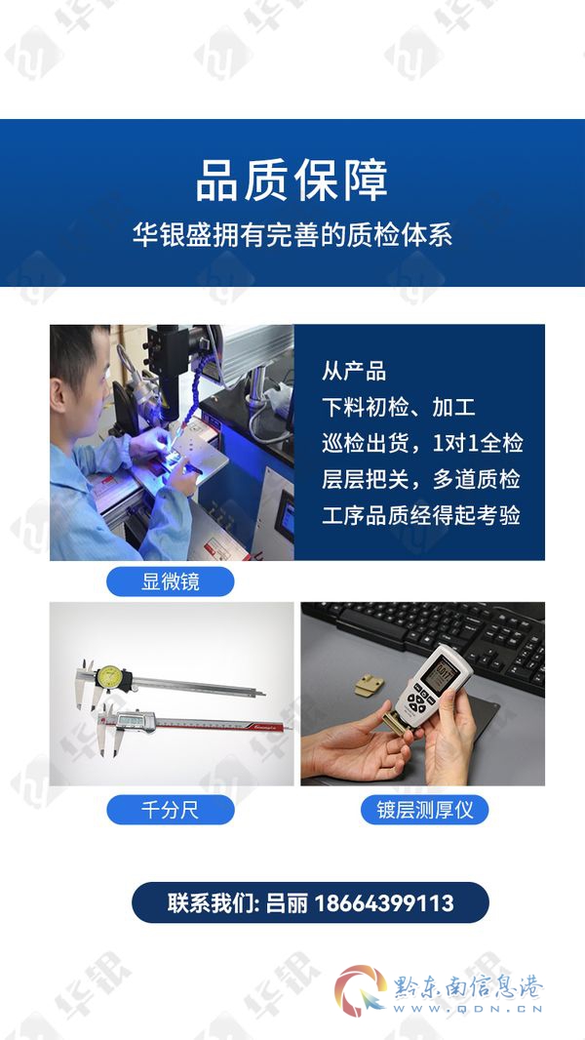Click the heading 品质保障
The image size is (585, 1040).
coord(292,180)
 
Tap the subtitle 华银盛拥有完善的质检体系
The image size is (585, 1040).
coord(292,235)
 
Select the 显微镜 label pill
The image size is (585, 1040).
coord(171,581)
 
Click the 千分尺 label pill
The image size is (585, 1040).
coord(171,810)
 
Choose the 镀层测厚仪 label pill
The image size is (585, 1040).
coord(425,810)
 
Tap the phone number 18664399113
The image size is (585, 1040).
coord(383,902)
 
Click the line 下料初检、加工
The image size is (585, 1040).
coord(398,407)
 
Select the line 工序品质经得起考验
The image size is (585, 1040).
coord(421,515)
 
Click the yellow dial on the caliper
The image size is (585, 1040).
coord(108,677)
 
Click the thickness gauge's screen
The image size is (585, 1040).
coord(440,678)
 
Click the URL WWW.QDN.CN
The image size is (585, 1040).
coord(468,1010)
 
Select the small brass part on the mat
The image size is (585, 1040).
coord(369,686)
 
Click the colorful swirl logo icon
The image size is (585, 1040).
coord(360,991)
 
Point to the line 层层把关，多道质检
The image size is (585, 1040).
coord(421,480)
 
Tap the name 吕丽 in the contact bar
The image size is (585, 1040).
coord(287,902)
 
